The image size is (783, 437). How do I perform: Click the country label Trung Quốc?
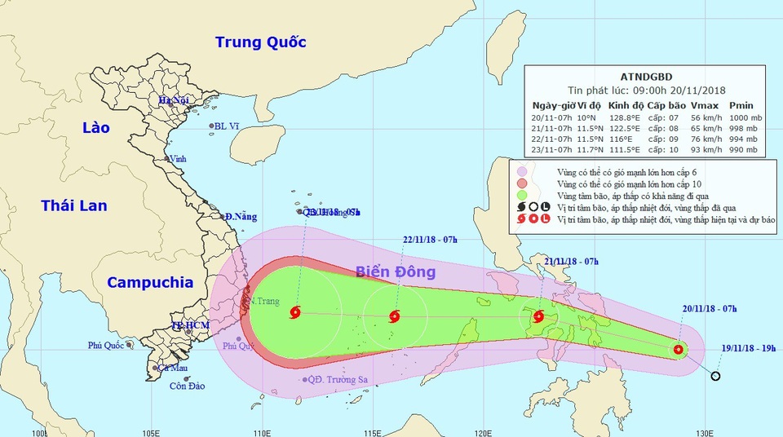261,42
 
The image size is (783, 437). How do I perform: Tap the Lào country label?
96,128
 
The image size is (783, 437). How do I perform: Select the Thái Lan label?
74,205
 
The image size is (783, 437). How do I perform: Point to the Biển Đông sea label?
396,271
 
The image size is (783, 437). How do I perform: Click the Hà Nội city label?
173,100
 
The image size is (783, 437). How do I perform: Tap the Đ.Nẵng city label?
241,216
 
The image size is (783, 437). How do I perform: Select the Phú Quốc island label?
106,346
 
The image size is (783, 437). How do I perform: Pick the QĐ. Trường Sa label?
334,380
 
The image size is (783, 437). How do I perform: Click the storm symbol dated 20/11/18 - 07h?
679,350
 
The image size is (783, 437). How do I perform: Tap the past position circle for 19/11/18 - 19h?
715,376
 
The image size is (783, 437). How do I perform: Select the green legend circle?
521,196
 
